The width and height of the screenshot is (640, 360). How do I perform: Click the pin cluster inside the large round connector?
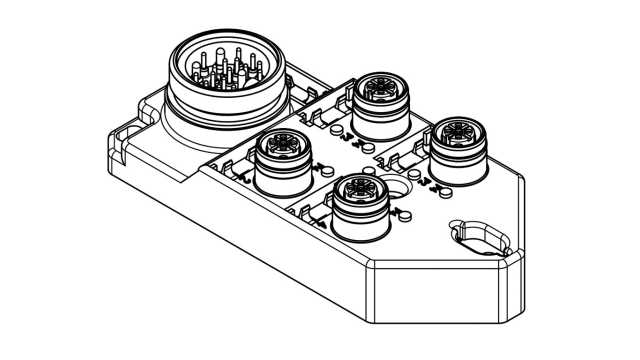pos(224,66)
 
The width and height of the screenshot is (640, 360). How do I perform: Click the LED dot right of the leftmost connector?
pos(319,170)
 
